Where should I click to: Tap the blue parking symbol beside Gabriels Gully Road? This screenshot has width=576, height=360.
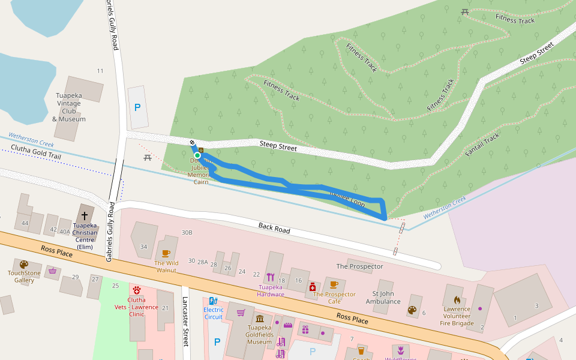(x=137, y=107)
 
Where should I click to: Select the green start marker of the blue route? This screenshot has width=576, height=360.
(x=197, y=155)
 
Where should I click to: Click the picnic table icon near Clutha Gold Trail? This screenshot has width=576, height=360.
(x=147, y=158)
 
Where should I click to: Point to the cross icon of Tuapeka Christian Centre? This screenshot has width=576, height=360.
(x=84, y=215)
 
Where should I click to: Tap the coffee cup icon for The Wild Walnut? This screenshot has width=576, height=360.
(x=166, y=253)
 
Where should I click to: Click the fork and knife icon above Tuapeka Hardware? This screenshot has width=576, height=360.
(x=271, y=277)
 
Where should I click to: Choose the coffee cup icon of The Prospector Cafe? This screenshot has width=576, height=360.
(x=334, y=284)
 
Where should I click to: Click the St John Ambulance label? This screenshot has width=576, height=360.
(x=383, y=298)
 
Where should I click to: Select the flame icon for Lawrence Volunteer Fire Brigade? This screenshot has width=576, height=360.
(x=457, y=299)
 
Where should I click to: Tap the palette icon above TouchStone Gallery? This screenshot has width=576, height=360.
(x=24, y=264)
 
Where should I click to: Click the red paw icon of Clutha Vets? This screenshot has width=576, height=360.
(x=137, y=290)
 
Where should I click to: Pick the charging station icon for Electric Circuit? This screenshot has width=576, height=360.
(x=213, y=301)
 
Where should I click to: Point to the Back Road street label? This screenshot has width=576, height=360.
(x=274, y=229)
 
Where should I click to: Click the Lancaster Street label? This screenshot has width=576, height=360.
(x=185, y=330)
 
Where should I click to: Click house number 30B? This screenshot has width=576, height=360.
(x=187, y=232)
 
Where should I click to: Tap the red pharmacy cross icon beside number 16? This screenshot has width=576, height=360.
(x=312, y=287)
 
